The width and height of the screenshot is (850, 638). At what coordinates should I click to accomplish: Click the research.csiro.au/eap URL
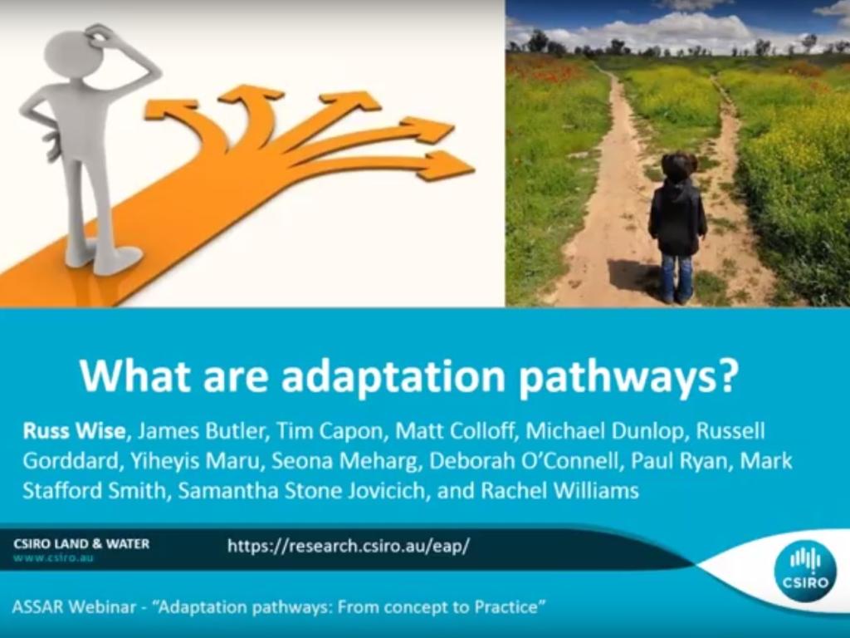pyautogui.click(x=349, y=546)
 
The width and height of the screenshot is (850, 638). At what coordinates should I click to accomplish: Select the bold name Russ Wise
pyautogui.click(x=74, y=431)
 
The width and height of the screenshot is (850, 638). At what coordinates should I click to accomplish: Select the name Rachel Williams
pyautogui.click(x=559, y=490)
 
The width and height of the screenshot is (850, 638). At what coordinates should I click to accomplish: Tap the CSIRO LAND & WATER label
pyautogui.click(x=81, y=543)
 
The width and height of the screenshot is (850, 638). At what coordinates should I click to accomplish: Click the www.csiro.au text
pyautogui.click(x=53, y=558)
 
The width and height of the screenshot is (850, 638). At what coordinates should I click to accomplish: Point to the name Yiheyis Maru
pyautogui.click(x=196, y=461)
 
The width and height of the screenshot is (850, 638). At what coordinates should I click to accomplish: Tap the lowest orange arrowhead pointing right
pyautogui.click(x=446, y=165)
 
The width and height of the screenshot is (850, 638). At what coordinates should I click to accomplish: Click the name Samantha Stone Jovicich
pyautogui.click(x=301, y=490)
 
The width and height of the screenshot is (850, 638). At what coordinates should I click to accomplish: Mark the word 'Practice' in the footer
pyautogui.click(x=506, y=606)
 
